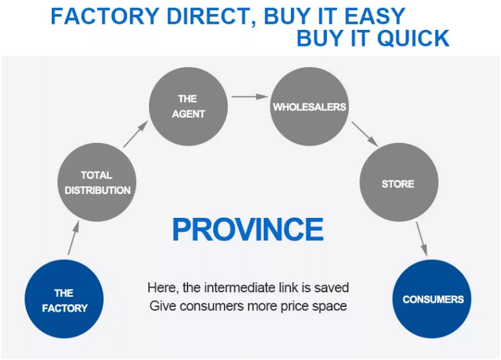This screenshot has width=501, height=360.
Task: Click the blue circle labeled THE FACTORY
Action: click(x=64, y=300)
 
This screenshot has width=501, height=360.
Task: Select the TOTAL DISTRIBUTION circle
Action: click(x=97, y=183)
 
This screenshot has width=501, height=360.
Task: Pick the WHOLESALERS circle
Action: click(x=310, y=107)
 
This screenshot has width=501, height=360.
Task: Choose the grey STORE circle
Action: click(x=398, y=184)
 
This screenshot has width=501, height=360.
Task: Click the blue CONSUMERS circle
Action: click(x=433, y=299)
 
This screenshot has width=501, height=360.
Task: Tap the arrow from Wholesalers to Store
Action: click(x=365, y=134)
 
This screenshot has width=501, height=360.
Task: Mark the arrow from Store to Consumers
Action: click(x=421, y=238)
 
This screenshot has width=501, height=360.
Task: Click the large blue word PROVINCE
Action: click(x=248, y=230)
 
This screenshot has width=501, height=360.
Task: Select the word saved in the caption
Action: click(x=334, y=288)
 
